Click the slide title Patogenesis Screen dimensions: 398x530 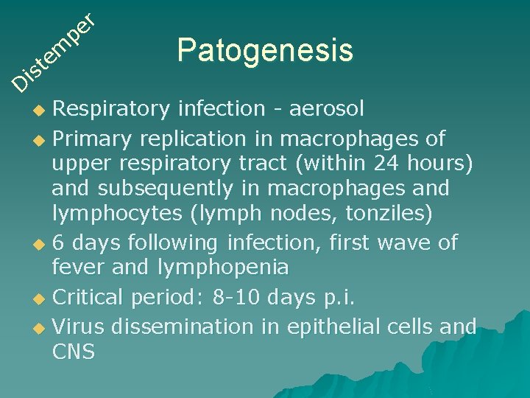[x=265, y=51]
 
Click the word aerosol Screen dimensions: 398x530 [x=327, y=109]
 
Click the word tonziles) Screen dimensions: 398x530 [x=397, y=214]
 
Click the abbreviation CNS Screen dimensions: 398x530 [x=73, y=352]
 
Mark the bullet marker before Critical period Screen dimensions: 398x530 [x=41, y=298]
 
